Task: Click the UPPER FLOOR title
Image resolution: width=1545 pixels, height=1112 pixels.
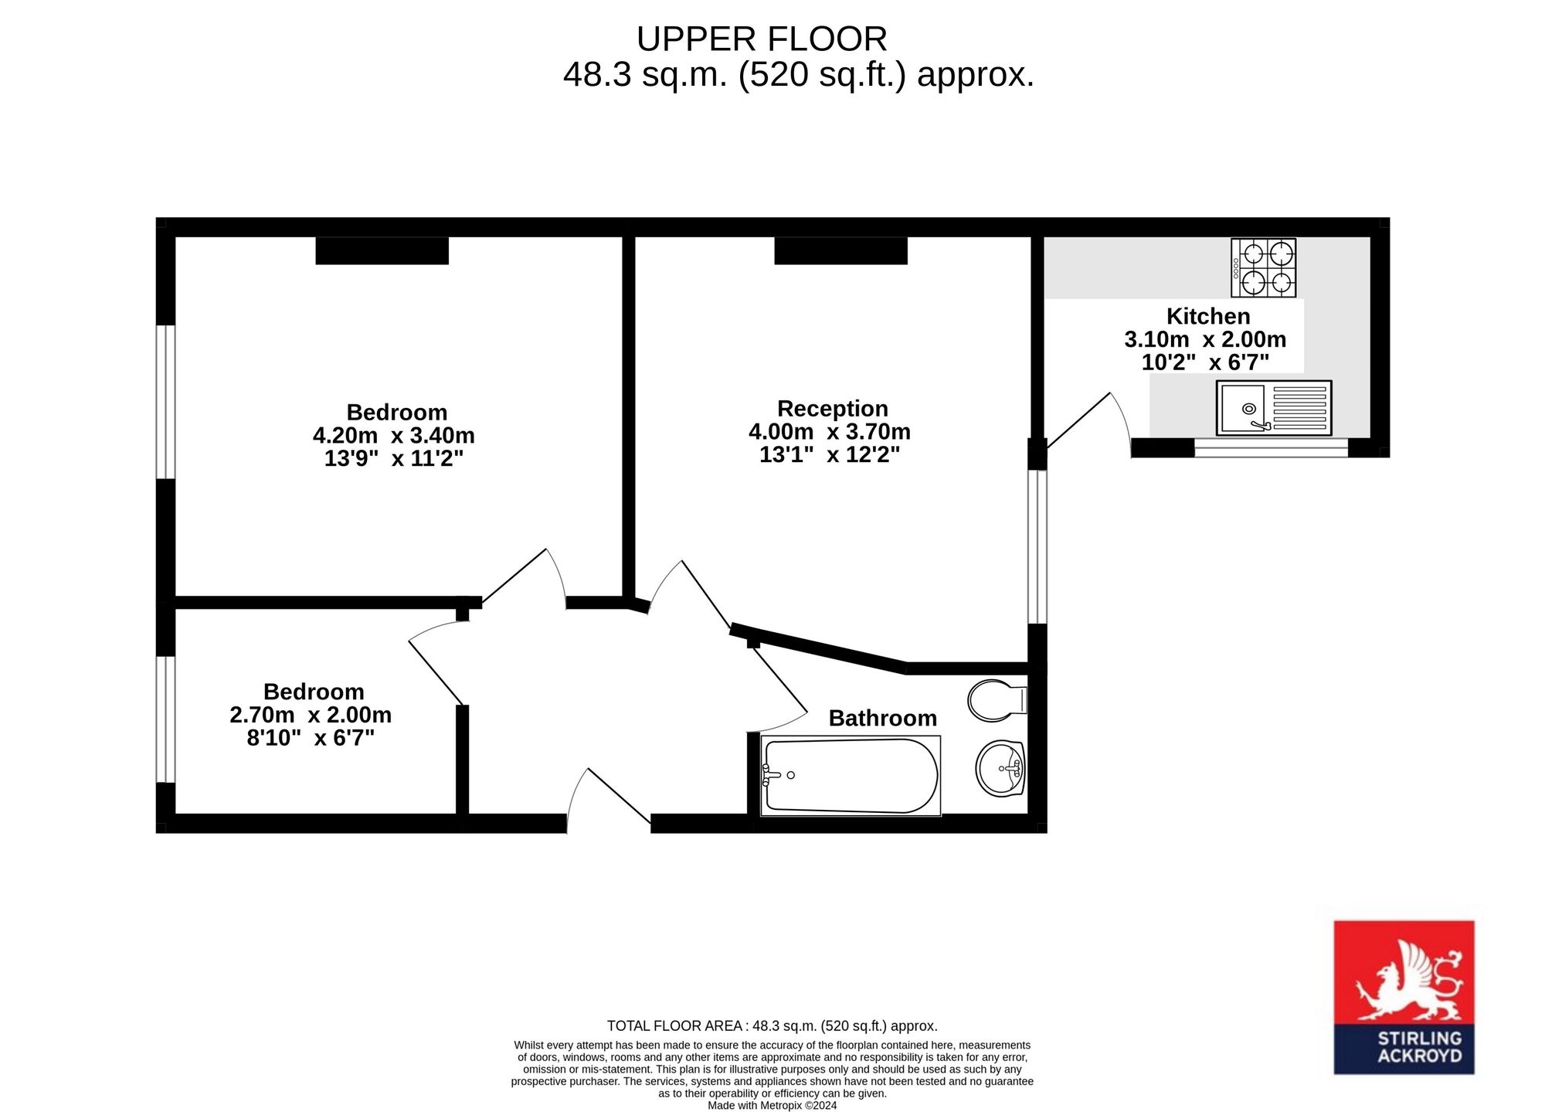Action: point(762,39)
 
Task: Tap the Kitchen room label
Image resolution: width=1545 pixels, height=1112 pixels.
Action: point(1208,316)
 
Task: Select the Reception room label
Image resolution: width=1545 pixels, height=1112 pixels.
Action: point(833,408)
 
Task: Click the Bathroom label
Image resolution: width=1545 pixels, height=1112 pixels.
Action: point(883,718)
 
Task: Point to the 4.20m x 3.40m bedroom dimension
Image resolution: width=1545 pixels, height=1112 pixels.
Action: point(394,436)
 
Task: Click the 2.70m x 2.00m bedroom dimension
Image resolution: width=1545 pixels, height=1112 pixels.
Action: point(311,715)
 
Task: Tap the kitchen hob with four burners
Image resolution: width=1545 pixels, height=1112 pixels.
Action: point(1264,268)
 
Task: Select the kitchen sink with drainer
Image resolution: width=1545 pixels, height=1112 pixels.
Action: point(1274,407)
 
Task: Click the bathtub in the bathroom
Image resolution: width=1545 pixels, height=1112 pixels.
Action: point(851,775)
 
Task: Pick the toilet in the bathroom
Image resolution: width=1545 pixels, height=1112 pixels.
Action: point(997,700)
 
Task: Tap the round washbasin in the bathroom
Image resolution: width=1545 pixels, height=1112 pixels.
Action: point(1000,768)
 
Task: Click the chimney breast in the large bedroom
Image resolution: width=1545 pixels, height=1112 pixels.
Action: point(382,250)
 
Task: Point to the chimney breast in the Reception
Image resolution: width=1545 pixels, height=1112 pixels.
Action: point(841,250)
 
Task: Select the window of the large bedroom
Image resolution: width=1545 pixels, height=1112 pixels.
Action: point(165,402)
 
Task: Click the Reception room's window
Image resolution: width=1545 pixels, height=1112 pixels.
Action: point(1037,546)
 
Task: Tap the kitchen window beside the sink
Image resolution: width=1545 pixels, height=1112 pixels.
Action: point(1271,447)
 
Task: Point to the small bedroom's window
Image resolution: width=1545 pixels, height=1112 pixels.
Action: point(165,719)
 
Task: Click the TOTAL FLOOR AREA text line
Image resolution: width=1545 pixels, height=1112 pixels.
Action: point(772,1026)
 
